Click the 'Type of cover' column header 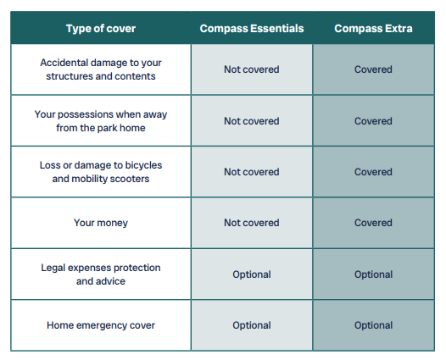tap(101, 29)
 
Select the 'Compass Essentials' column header tap(252, 29)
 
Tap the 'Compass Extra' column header tap(373, 29)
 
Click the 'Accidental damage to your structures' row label tap(101, 69)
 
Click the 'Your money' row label tap(101, 223)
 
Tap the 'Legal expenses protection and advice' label tap(101, 274)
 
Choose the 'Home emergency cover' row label tap(101, 325)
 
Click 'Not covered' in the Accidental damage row tap(252, 69)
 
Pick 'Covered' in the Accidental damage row tap(373, 69)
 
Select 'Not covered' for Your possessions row tap(252, 121)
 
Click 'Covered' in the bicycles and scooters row tap(373, 172)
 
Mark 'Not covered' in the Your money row tap(252, 223)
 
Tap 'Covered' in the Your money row tap(373, 223)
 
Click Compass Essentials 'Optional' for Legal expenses tap(252, 274)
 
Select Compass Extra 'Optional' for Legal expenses tap(373, 274)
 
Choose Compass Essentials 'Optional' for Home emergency tap(252, 325)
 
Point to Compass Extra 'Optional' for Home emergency tap(373, 325)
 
